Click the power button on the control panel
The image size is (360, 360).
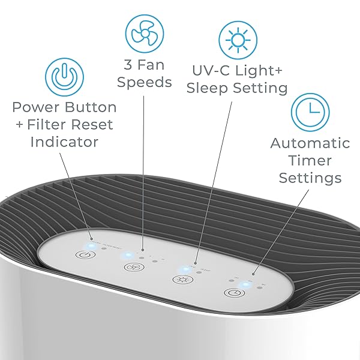pos(84,254)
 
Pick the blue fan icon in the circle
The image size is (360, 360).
pos(144,32)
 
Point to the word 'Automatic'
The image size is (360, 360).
pos(310,143)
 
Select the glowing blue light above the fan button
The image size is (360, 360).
pos(127,256)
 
